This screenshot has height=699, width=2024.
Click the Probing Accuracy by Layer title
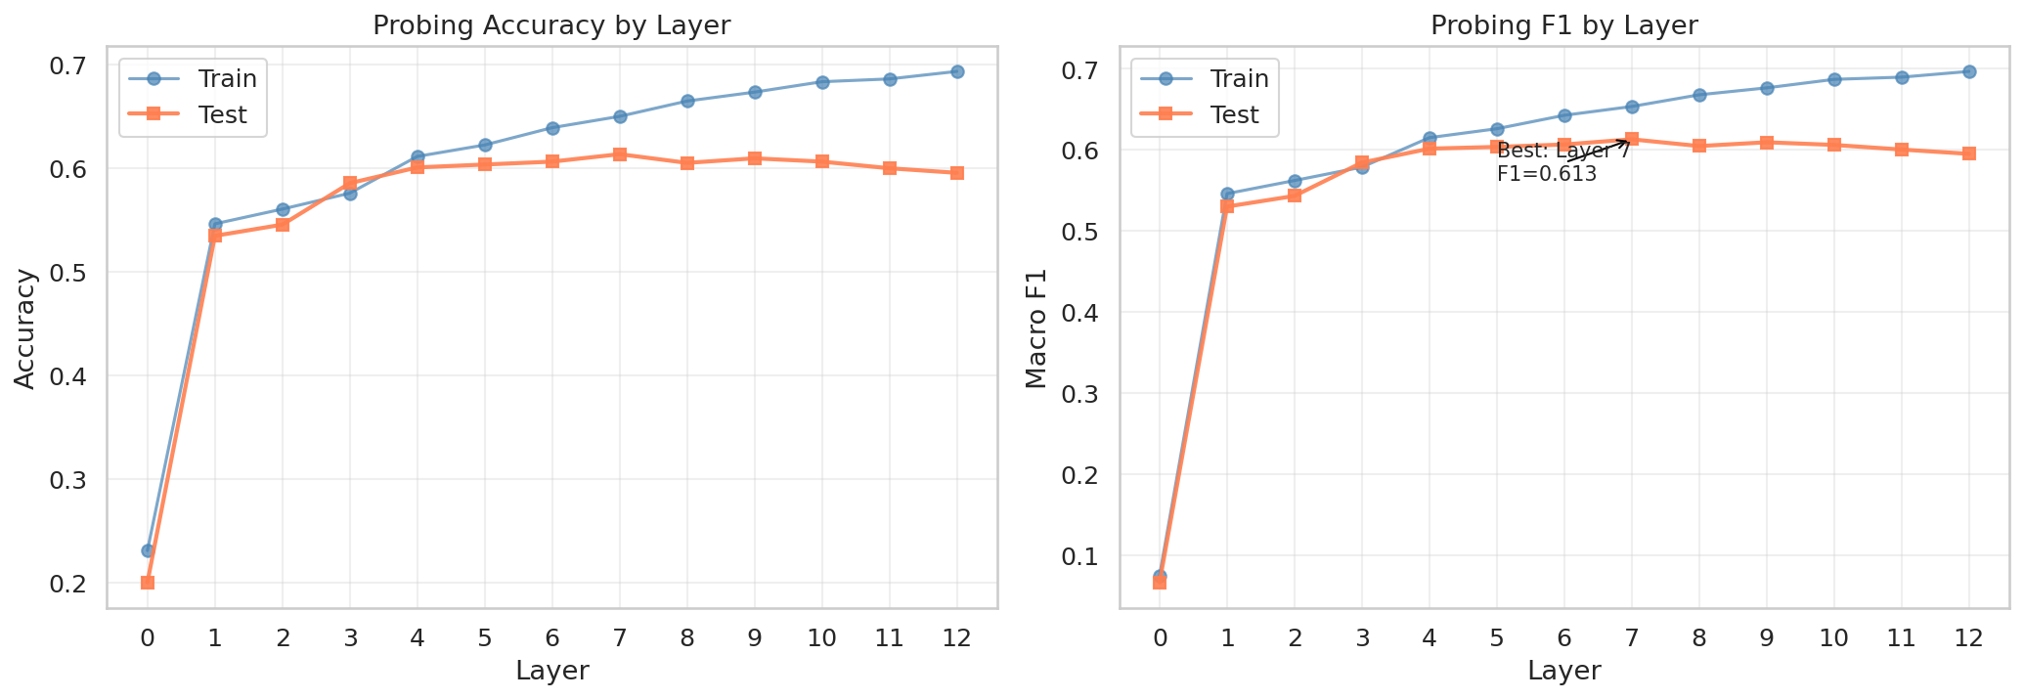[551, 26]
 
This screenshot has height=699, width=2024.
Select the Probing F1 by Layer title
[1563, 26]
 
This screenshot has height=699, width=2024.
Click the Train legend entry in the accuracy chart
[226, 78]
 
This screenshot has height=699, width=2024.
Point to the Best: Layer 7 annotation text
[1562, 152]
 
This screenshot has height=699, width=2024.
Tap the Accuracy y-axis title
[26, 328]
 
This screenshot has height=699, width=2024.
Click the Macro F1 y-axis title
[1037, 328]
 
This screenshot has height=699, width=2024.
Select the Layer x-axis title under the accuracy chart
[551, 671]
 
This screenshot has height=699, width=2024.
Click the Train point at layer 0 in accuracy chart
[148, 550]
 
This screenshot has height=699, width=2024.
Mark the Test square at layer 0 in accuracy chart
[148, 583]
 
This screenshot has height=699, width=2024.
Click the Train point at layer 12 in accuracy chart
[957, 71]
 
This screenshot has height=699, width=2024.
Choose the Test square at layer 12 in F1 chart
[1969, 153]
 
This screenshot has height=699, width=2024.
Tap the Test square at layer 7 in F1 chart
[1632, 139]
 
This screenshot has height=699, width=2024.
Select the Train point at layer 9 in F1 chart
[1767, 88]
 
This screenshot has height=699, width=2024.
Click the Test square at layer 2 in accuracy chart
[283, 225]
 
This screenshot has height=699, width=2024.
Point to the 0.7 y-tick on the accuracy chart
[69, 66]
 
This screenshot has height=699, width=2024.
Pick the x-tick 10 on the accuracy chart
[822, 638]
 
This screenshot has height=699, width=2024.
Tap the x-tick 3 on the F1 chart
[1362, 638]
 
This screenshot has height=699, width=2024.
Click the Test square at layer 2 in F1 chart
[1295, 196]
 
